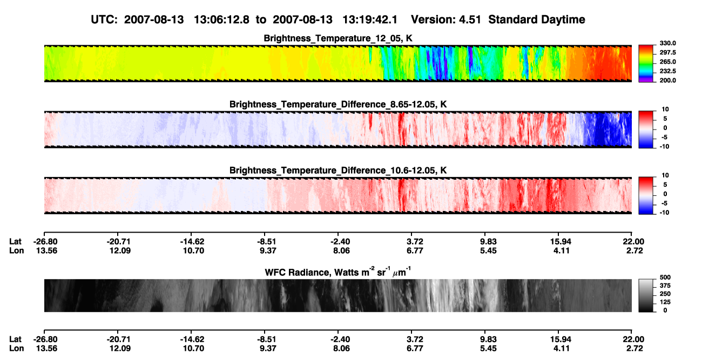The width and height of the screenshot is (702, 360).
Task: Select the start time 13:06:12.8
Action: coord(221,19)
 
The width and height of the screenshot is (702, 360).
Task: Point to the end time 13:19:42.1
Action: coord(370,19)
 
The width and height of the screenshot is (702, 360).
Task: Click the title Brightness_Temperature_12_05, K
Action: coord(338,38)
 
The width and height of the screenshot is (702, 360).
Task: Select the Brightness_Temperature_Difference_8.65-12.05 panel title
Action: coord(338,104)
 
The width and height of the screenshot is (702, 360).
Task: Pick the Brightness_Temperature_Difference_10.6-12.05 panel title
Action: coord(338,171)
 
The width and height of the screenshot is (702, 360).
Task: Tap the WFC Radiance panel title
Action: coord(338,272)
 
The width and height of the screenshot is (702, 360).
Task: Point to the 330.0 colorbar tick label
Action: coord(667,43)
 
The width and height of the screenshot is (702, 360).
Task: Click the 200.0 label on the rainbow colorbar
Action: coord(667,80)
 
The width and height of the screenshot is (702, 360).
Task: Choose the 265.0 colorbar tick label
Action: coord(667,62)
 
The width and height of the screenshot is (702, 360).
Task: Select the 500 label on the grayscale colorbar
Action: coord(665,277)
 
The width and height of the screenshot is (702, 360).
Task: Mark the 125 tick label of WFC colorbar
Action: coord(665,302)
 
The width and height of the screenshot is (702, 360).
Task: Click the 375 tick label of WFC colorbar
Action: coord(665,286)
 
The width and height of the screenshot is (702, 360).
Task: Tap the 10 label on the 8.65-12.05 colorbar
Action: coord(665,110)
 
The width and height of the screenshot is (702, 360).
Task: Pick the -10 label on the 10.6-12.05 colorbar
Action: coord(664,213)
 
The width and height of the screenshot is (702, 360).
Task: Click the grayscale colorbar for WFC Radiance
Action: coord(646,295)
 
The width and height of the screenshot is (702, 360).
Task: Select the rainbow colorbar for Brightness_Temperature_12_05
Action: coord(646,64)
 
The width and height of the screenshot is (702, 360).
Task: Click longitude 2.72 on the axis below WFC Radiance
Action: coord(634,349)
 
